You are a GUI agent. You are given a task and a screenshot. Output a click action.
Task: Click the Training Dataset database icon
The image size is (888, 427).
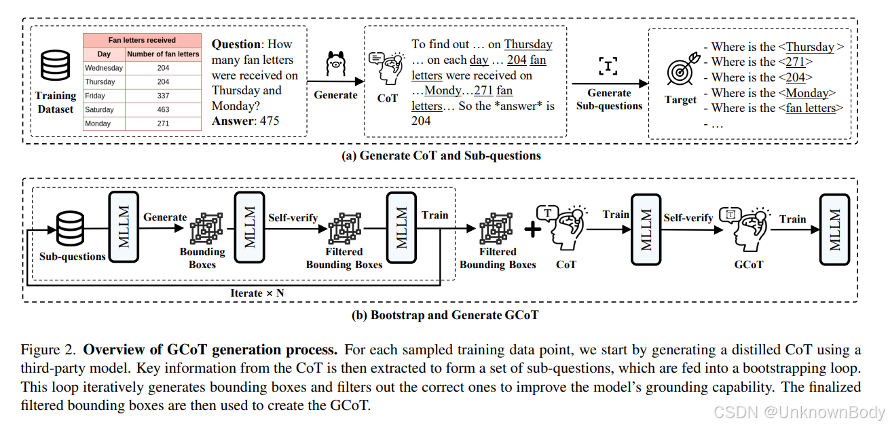(55, 67)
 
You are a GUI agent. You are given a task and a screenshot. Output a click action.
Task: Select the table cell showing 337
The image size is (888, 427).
(163, 96)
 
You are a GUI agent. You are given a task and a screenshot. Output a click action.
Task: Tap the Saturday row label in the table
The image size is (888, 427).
(100, 110)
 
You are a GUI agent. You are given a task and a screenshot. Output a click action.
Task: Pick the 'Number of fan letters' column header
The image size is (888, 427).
(163, 54)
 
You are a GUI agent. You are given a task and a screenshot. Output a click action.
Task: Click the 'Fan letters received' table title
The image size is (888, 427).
(142, 40)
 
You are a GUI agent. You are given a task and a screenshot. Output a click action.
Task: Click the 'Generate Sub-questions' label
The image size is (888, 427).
(609, 99)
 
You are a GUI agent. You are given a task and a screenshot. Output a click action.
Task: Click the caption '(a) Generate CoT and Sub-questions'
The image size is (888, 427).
(441, 155)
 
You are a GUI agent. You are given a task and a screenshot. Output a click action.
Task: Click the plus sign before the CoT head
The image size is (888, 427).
(534, 229)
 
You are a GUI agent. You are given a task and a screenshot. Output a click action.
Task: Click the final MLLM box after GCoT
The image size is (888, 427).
(834, 220)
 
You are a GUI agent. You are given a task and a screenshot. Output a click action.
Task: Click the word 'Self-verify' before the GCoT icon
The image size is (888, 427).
(688, 218)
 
